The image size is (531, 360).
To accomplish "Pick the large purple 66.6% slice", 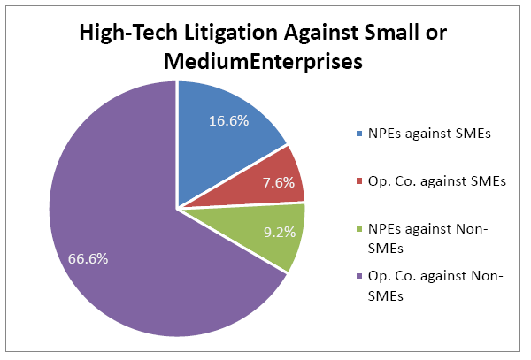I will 133,239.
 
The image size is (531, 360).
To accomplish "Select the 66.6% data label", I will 88,258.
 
